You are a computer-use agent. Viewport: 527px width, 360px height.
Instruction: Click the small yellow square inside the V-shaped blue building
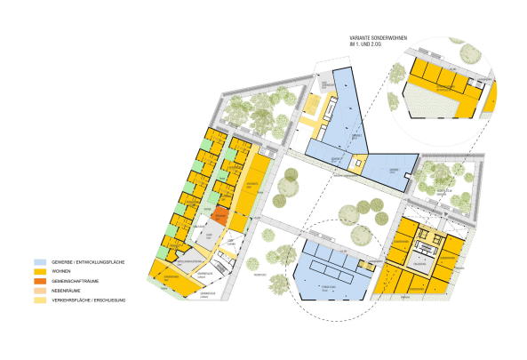(x=359, y=163)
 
